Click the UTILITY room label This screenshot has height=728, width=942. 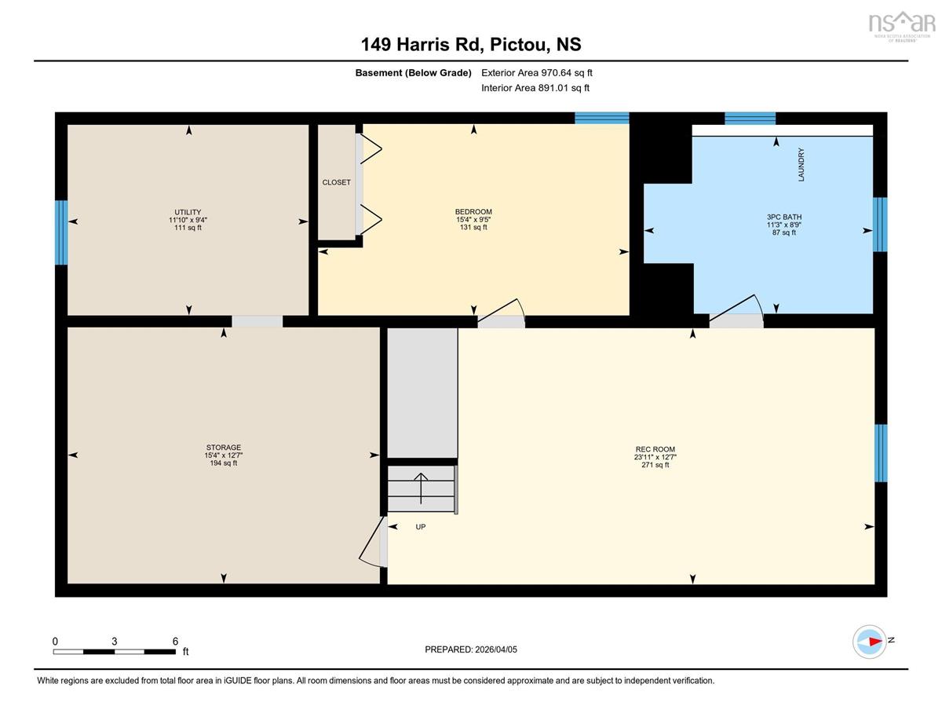point(188,212)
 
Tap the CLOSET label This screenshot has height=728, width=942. point(337,182)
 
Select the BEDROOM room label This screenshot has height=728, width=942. point(473,211)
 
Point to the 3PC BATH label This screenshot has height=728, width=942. point(784,217)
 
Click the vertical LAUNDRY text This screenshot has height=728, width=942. point(801,164)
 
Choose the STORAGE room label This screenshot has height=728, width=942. point(223,447)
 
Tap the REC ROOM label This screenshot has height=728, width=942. point(655,449)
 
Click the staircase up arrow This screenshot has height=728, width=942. point(421,488)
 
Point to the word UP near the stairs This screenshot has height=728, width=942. point(421,527)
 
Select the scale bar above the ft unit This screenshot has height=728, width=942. point(115,652)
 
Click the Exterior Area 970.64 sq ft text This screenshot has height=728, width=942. point(537,73)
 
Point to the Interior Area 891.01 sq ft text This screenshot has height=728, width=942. point(535,88)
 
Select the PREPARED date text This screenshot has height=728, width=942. point(471,649)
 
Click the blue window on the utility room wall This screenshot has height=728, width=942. point(61,232)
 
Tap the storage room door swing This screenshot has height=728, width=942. point(373,542)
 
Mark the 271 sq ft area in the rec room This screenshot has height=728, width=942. point(655,465)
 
